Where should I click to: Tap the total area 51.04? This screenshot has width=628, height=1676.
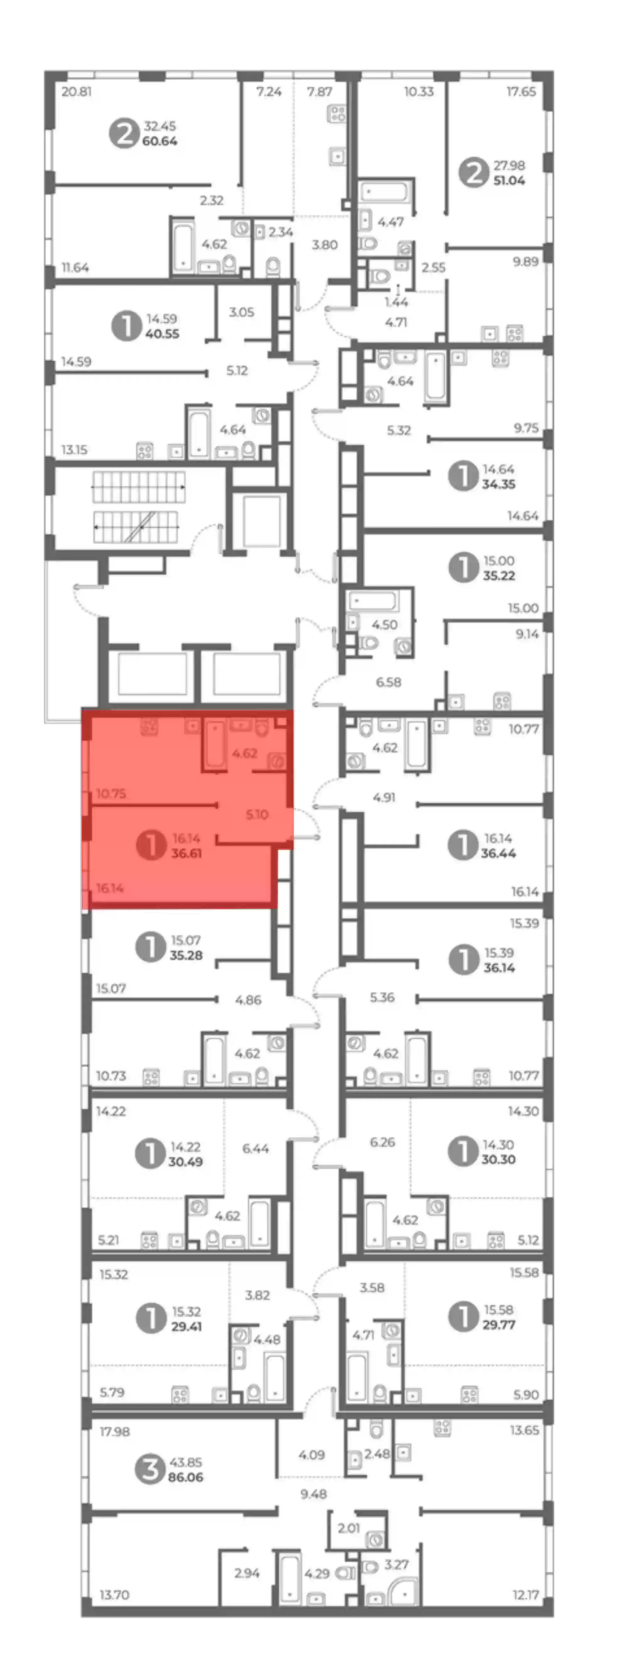[509, 180]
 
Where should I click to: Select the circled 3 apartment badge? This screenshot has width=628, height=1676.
[150, 1469]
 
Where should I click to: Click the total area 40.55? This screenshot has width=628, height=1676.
[162, 334]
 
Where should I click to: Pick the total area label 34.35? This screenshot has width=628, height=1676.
[499, 484]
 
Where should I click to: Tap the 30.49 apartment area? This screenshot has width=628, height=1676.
[186, 1161]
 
